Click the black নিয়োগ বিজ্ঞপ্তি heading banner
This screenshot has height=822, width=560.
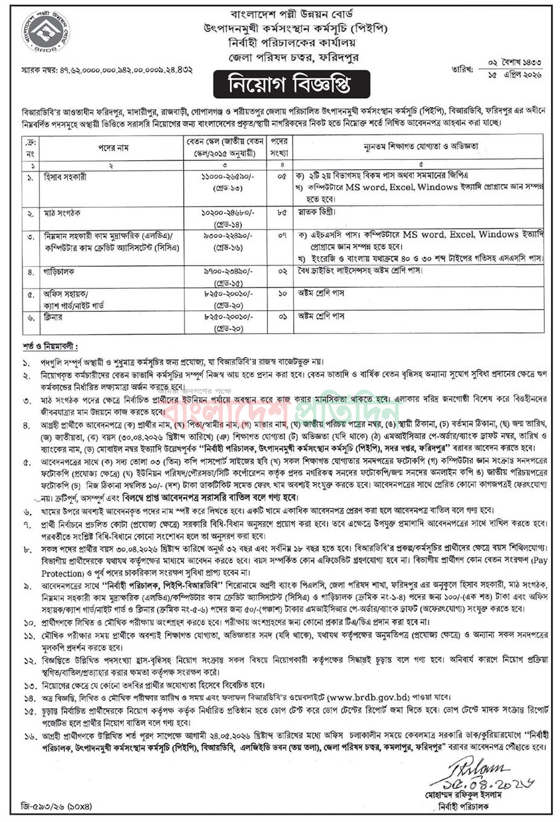click(290, 84)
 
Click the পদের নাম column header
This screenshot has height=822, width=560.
click(113, 148)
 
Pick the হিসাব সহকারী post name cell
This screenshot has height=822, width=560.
click(65, 177)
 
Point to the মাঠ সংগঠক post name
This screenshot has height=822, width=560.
click(62, 213)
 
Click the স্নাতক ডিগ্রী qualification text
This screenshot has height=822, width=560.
click(317, 213)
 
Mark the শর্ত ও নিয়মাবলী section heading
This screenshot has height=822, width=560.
click(51, 347)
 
